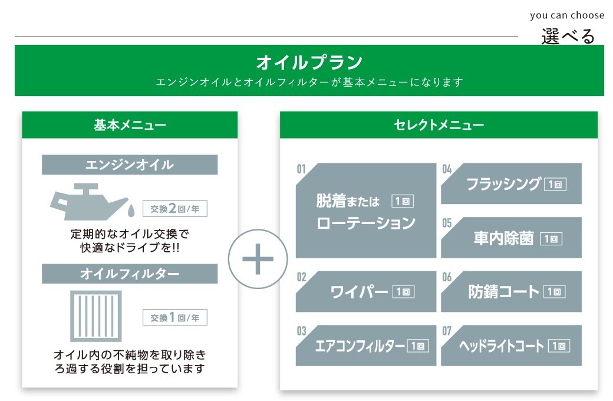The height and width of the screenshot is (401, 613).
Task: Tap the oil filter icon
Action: [96, 315]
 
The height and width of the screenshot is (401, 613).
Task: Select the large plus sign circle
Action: [258, 259]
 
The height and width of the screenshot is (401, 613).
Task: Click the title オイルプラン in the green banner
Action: [309, 63]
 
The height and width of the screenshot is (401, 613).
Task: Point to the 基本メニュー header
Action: [130, 125]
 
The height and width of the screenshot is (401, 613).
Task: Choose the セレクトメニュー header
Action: [439, 125]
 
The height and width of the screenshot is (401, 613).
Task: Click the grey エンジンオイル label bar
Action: [130, 165]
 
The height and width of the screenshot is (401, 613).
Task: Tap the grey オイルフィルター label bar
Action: [130, 274]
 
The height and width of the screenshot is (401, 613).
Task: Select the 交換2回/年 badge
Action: [175, 209]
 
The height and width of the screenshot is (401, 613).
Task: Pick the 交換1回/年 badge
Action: [175, 318]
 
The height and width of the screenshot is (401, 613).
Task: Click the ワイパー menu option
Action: [366, 291]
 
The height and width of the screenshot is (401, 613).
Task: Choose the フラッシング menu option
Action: [512, 184]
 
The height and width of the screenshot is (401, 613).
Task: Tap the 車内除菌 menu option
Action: [512, 238]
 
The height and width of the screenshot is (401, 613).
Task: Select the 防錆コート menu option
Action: [512, 291]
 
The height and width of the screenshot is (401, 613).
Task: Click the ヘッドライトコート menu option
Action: [512, 346]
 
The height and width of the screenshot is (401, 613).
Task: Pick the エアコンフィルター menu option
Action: [366, 346]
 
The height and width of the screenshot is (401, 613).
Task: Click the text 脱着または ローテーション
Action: [365, 212]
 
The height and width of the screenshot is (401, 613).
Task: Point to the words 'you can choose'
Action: [567, 15]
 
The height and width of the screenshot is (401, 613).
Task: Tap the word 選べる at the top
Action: [568, 37]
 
